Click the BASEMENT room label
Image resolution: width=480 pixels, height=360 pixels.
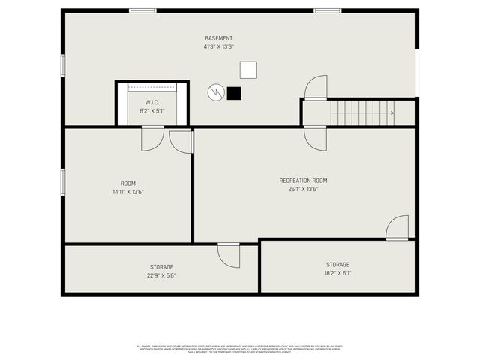218,38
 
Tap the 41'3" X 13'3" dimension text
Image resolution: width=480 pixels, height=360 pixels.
218,46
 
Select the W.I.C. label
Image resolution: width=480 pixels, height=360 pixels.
151,101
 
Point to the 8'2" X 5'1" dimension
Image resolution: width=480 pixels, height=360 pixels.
151,110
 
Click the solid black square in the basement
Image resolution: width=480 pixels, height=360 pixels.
234,93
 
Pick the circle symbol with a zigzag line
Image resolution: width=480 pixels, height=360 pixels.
216,92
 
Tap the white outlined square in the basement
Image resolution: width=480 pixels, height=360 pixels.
248,70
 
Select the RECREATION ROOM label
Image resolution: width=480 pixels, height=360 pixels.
303,181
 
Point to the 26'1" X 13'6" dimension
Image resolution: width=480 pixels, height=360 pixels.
303,189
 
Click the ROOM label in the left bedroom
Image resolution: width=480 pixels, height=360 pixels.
128,184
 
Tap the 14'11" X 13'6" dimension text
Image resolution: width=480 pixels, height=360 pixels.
128,192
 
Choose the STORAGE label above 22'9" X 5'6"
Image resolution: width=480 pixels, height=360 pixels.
161,267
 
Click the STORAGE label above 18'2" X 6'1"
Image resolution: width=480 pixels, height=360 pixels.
337,264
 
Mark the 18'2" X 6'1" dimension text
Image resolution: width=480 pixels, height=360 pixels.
337,273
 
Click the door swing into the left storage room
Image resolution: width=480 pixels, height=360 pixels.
228,255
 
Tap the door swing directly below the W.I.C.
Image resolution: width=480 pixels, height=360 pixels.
152,138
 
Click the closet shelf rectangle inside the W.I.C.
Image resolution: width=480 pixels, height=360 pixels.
151,87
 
